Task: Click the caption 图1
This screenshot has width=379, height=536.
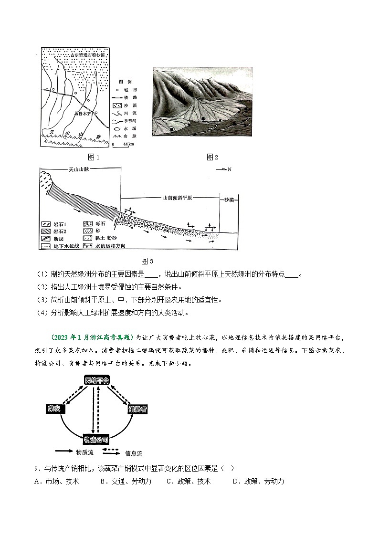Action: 94,157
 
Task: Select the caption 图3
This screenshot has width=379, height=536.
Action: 147,261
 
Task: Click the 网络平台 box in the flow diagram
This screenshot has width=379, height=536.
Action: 97,380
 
